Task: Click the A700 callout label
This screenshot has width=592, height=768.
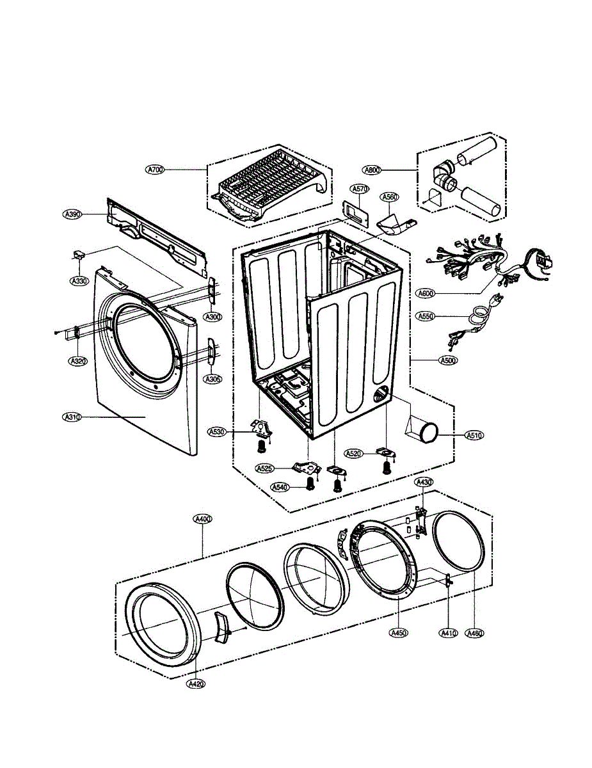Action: point(156,170)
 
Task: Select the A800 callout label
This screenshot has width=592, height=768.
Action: point(372,170)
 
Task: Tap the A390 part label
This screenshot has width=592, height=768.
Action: point(72,214)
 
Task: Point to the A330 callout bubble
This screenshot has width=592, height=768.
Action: point(79,280)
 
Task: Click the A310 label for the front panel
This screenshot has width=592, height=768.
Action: point(72,417)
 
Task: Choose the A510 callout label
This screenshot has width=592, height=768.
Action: point(474,435)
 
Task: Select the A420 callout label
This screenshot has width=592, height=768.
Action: point(196,684)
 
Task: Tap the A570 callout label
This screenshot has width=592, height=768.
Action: point(360,189)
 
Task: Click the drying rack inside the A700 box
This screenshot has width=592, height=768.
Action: point(269,186)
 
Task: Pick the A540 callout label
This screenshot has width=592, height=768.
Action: point(279,487)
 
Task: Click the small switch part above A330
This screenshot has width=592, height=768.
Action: point(79,256)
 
